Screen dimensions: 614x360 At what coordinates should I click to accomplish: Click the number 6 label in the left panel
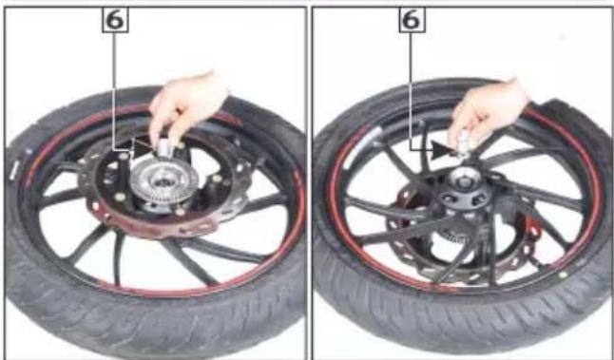(x=115, y=20)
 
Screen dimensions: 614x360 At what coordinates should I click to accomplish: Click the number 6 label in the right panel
(x=412, y=20)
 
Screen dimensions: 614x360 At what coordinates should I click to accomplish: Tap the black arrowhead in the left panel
(x=141, y=148)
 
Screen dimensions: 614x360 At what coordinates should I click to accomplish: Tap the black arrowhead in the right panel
(x=439, y=150)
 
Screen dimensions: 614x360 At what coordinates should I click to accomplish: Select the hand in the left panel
(x=188, y=105)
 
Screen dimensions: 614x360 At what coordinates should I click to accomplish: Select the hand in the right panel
(x=488, y=111)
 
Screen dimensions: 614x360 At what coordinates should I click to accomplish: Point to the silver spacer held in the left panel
(x=165, y=148)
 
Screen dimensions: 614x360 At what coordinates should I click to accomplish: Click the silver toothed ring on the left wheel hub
(x=163, y=182)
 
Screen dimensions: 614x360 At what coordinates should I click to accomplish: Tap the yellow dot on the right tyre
(x=563, y=275)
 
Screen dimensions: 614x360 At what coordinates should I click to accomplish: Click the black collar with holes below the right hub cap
(x=465, y=198)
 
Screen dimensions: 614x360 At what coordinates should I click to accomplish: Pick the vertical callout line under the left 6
(x=114, y=91)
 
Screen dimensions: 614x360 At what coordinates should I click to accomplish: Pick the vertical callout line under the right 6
(x=412, y=91)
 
